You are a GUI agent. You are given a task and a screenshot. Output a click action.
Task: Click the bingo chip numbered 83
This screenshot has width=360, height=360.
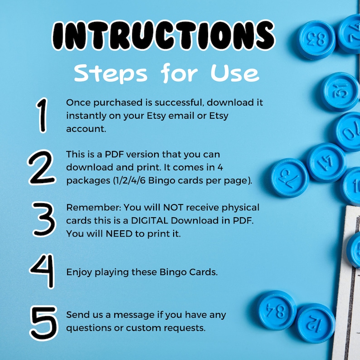coord(316,39)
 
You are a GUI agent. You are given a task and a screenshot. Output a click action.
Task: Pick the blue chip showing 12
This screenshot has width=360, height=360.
coord(316,323)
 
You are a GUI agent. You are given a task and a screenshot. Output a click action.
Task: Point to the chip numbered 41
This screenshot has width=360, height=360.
coord(326,162)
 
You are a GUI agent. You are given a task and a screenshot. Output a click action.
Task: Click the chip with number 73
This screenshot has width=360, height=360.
coord(290,177)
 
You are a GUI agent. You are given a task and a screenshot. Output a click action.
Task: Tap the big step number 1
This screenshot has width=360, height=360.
coord(42,116)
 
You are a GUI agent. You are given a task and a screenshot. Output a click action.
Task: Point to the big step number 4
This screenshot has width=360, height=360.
coord(44,272)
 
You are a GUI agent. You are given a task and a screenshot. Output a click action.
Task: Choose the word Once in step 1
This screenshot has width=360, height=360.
coord(78,102)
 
